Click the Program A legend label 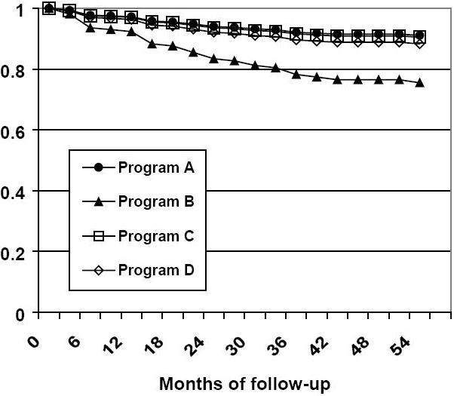pyautogui.click(x=156, y=167)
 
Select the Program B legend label pyautogui.click(x=156, y=201)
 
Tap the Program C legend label pyautogui.click(x=156, y=236)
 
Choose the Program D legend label pyautogui.click(x=156, y=270)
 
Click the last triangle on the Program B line pyautogui.click(x=419, y=82)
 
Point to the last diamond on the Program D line pyautogui.click(x=419, y=43)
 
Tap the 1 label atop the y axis pyautogui.click(x=20, y=10)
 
